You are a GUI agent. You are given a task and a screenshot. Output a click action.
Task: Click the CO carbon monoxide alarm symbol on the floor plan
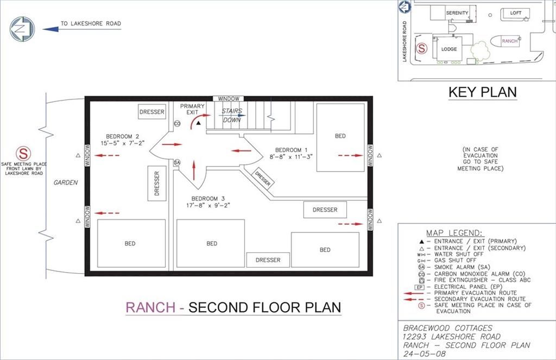(178, 123)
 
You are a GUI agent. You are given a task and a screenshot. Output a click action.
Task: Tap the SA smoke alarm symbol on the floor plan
(177, 162)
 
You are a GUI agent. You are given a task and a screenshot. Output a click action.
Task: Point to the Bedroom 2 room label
(122, 140)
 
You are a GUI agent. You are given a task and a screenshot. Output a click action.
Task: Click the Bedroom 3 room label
(208, 202)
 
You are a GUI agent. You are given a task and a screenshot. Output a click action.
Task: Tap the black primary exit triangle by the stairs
(199, 123)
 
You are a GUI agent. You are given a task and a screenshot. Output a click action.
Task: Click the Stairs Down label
(232, 116)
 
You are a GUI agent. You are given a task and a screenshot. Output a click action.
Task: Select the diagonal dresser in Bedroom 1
(263, 178)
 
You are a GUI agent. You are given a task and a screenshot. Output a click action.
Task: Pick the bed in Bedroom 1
(340, 137)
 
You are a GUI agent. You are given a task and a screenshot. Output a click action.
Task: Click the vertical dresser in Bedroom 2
(157, 184)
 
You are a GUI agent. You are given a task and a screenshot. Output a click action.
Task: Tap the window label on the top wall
(229, 99)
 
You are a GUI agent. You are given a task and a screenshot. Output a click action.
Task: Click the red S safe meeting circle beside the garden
(23, 154)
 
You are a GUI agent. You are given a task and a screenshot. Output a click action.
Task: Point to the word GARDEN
(66, 182)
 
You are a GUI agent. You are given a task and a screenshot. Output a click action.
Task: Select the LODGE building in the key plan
(447, 49)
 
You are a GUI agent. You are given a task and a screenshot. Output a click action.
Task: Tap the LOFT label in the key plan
(516, 13)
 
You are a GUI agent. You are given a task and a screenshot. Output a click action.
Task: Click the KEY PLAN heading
(483, 92)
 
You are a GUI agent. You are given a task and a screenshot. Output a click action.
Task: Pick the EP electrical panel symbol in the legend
(420, 287)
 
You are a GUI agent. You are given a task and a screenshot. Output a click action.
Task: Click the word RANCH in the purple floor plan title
(150, 307)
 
